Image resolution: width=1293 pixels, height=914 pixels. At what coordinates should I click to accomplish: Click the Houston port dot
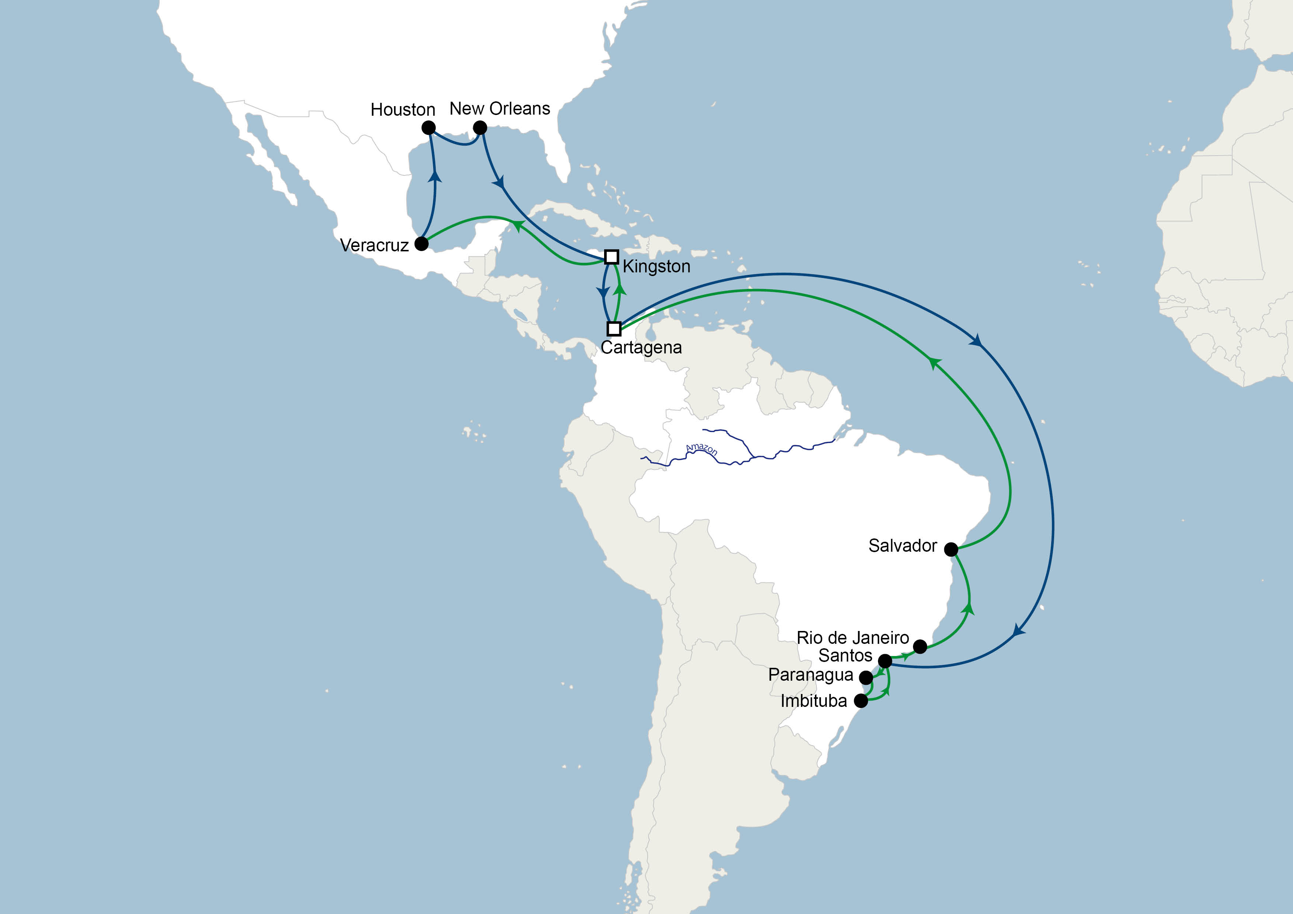point(429,128)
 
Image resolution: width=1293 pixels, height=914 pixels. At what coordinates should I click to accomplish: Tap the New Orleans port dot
point(480,128)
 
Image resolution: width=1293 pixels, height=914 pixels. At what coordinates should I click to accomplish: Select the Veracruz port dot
point(421,244)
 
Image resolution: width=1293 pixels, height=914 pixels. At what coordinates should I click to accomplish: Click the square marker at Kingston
point(611,257)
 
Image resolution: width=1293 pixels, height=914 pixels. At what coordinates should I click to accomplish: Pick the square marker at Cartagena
point(614,328)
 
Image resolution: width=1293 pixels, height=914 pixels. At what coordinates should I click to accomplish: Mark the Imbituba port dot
point(861,701)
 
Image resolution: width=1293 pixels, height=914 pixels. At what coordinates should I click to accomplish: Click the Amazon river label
point(701,449)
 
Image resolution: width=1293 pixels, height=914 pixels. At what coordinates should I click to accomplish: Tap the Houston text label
point(402,109)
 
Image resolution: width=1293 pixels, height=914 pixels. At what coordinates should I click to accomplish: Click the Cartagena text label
point(641,348)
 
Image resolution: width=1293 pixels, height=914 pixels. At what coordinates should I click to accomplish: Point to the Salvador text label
point(902,546)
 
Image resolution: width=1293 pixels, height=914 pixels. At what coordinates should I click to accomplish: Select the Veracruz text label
point(374,245)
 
